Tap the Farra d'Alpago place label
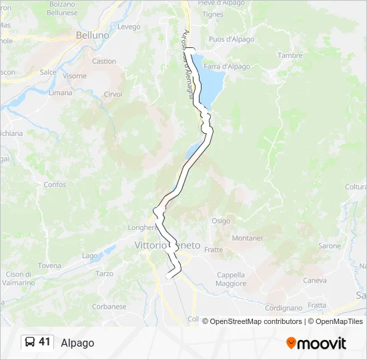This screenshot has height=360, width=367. [x=227, y=67]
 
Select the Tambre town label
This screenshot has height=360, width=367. [x=290, y=55]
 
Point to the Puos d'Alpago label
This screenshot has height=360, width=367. [x=232, y=39]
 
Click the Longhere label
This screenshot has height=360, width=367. [x=141, y=227]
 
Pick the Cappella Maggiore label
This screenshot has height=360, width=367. [x=231, y=279]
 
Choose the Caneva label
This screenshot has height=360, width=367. [x=315, y=280]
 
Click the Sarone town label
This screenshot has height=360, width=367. [x=330, y=246]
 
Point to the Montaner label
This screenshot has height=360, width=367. [x=247, y=238]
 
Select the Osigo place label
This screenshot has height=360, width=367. [x=221, y=221]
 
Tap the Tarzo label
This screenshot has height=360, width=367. [x=104, y=273]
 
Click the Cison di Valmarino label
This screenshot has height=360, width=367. [x=19, y=279]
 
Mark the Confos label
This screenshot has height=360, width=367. [x=55, y=185]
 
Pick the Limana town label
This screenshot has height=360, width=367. [x=60, y=93]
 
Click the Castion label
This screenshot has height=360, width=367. [x=104, y=61]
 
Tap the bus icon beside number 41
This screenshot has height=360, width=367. [x=30, y=342]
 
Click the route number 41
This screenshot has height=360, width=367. [x=45, y=342]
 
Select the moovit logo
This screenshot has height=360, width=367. [x=316, y=343]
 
